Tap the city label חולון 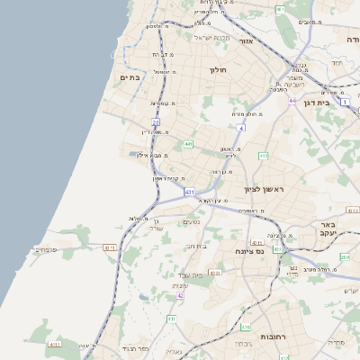(220, 69)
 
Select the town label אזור (249, 41)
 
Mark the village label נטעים (191, 222)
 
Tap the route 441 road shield (188, 144)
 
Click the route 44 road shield (292, 101)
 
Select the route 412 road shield (264, 157)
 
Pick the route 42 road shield (180, 295)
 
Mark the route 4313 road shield (352, 210)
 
